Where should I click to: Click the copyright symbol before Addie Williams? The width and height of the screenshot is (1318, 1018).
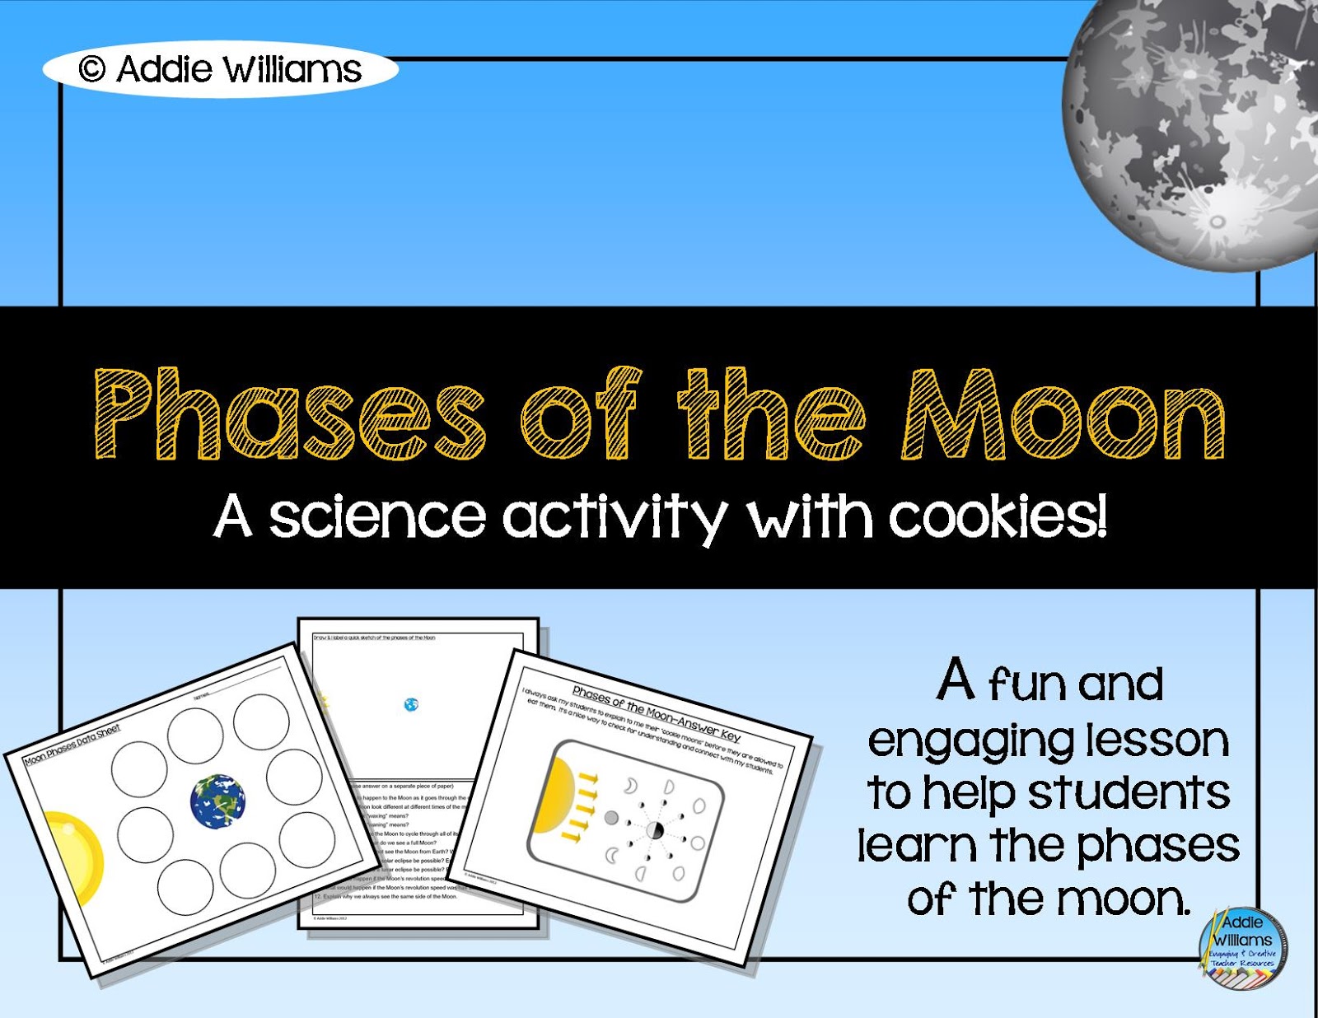tap(91, 69)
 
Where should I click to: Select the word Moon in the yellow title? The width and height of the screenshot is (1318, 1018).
tap(1063, 414)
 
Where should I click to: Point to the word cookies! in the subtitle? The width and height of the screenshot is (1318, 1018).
tap(998, 516)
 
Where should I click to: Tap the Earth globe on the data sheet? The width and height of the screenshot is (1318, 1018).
tap(217, 801)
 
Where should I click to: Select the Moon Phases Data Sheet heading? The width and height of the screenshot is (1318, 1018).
tap(72, 745)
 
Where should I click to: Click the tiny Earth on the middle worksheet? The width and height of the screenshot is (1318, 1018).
tap(411, 704)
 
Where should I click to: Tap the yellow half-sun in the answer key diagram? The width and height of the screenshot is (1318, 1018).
tap(553, 796)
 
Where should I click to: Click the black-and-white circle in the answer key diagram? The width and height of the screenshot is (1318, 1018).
tap(655, 830)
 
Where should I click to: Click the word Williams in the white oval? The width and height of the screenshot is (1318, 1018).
tap(292, 69)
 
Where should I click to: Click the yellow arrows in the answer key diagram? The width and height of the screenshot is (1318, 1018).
tap(582, 806)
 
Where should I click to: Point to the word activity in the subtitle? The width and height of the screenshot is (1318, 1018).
tap(614, 516)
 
